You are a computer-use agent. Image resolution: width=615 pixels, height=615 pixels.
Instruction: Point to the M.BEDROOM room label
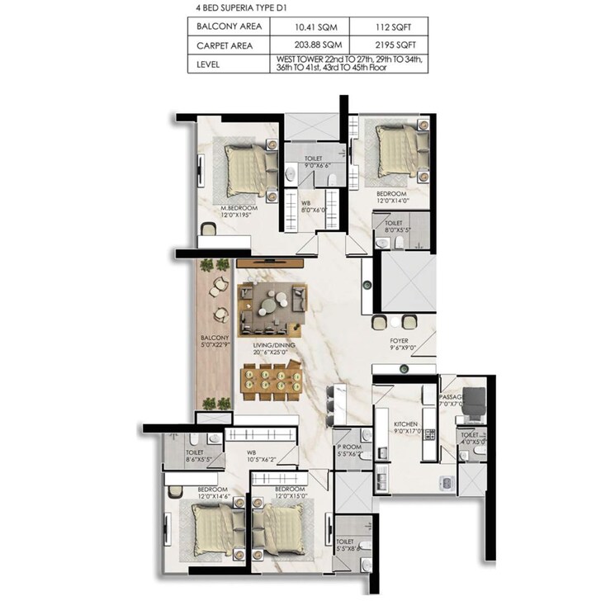coord(239,208)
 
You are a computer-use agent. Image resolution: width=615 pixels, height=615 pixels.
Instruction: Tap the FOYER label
coord(400,339)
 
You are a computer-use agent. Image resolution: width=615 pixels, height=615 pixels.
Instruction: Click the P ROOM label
coord(348,448)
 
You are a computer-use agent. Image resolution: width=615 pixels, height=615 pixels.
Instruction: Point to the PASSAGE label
coord(452,397)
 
